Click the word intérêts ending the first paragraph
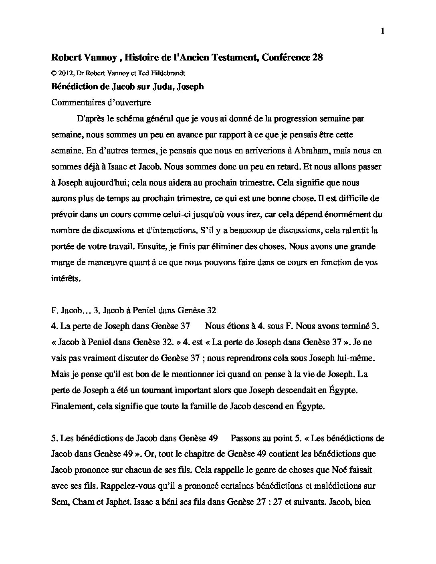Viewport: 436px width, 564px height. pos(66,278)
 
